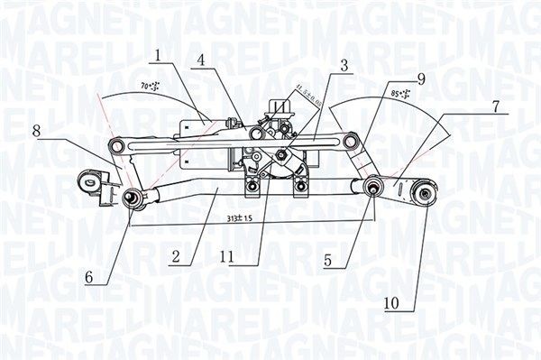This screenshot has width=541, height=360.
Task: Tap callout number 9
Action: (420, 78)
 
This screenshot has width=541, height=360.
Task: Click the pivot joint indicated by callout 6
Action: (132, 197)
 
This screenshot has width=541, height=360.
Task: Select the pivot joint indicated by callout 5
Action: (371, 188)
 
